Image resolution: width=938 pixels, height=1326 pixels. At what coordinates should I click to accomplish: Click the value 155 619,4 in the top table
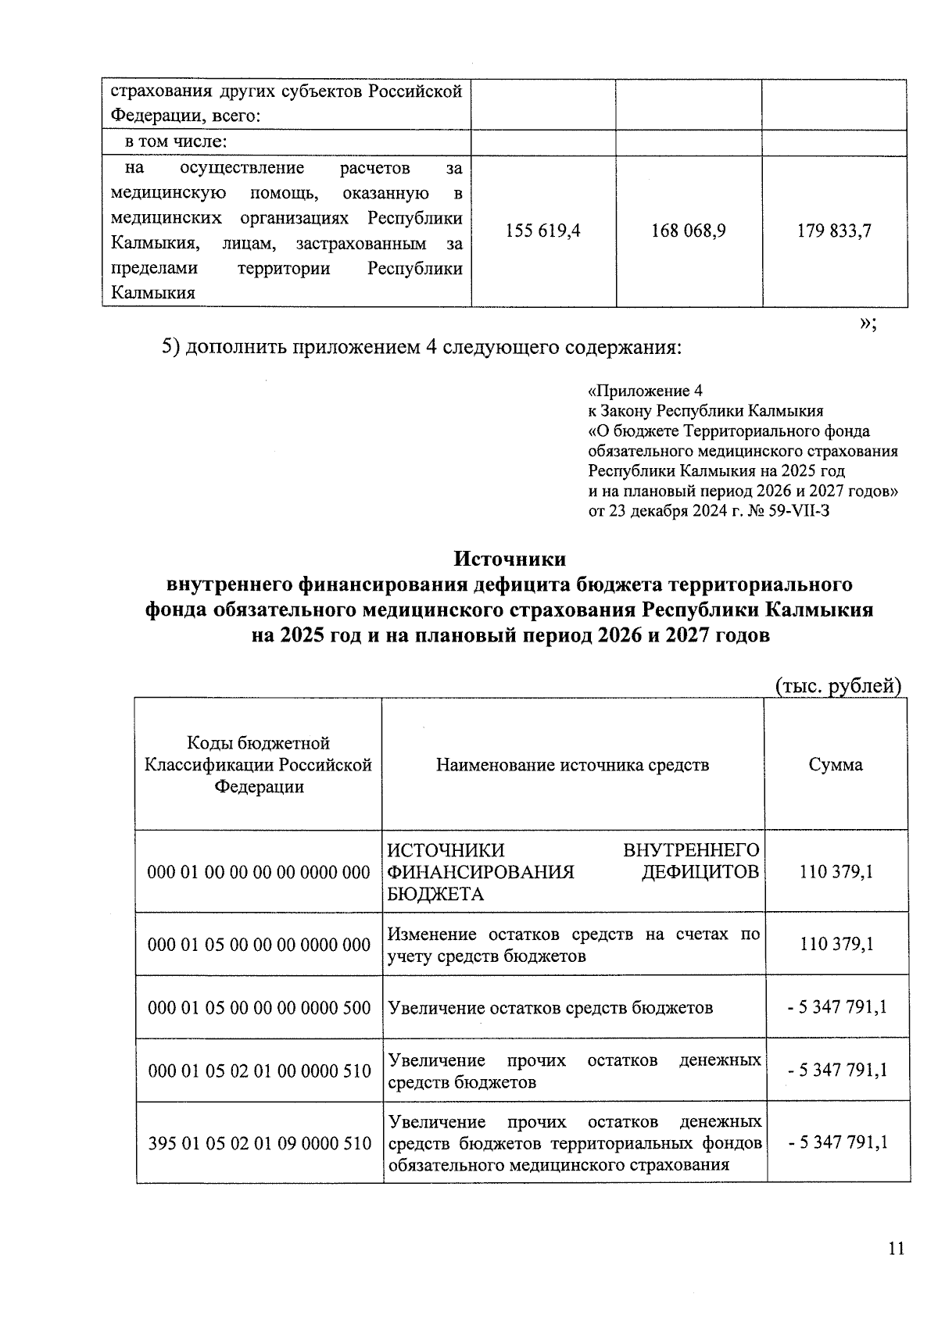pos(543,231)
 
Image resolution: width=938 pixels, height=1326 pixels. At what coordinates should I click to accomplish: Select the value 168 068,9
pos(689,231)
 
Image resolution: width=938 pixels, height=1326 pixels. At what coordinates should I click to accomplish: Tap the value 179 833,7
pos(834,231)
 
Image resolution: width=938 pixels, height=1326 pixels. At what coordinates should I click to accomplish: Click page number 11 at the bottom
pos(896,1249)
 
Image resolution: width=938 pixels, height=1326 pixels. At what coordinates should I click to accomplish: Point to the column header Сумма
pos(836,764)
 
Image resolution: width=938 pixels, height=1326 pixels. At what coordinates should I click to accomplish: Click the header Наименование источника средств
pos(572,764)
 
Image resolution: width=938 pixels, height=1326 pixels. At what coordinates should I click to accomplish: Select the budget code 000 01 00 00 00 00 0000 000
pos(259,872)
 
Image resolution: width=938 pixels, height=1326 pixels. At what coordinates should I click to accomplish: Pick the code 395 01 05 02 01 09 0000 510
pos(260,1144)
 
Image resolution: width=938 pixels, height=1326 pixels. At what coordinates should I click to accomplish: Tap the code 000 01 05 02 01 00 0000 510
pos(260,1070)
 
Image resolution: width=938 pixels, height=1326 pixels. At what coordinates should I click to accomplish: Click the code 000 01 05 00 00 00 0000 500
pos(259,1007)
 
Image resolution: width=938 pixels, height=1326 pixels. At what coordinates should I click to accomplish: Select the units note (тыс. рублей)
pos(838,686)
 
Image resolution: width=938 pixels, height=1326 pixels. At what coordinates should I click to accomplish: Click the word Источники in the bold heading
pos(510,559)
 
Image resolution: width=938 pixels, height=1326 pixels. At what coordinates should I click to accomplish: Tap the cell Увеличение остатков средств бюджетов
pos(550,1007)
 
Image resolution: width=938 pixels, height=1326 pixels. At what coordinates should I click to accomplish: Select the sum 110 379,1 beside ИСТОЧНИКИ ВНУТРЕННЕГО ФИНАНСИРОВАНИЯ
pos(836,872)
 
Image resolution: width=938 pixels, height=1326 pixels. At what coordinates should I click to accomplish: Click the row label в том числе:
pos(177,142)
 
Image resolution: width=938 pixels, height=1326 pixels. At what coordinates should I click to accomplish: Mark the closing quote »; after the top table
pos(868,324)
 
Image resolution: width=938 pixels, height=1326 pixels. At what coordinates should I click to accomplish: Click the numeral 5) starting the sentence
pos(171,347)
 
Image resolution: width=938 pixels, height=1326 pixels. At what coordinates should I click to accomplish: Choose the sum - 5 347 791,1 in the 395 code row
pos(838,1142)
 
